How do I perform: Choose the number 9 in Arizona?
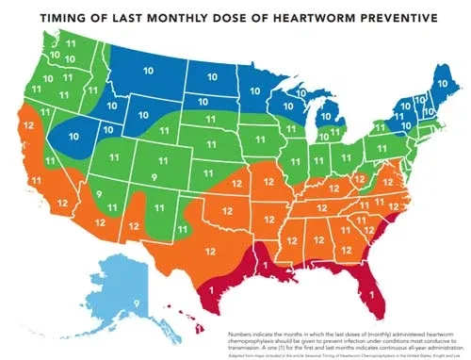click(99, 194)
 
